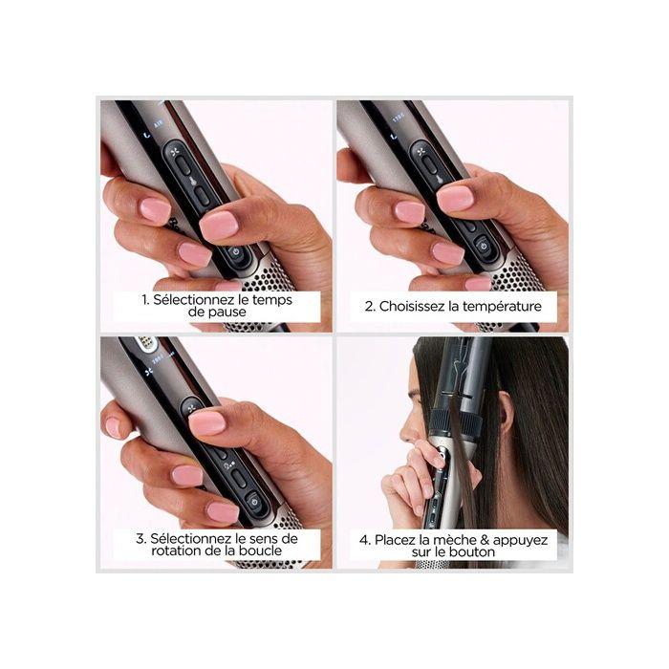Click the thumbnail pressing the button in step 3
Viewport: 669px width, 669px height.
[x=206, y=421]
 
